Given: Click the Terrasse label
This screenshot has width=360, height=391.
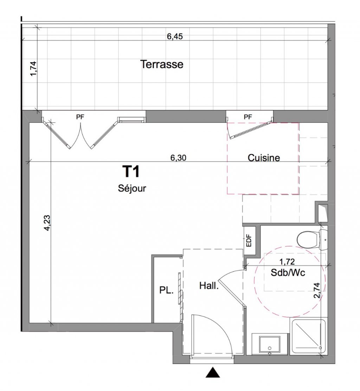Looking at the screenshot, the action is click(x=162, y=64).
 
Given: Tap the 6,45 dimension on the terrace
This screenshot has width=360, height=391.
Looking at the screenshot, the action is click(x=175, y=36).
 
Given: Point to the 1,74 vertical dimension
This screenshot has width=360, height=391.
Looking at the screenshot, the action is click(x=33, y=69).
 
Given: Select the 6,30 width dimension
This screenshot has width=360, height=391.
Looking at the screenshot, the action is click(x=178, y=158).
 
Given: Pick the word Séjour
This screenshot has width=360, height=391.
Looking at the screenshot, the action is click(x=132, y=188).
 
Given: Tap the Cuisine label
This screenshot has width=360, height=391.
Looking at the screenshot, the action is click(x=264, y=158).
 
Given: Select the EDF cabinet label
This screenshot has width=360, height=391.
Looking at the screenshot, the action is click(x=249, y=240).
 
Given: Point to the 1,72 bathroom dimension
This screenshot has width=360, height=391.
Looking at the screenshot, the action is click(x=287, y=262).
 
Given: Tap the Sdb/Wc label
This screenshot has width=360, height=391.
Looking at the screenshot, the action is click(x=288, y=272).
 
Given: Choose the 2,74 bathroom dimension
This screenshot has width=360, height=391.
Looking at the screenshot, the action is click(x=317, y=290).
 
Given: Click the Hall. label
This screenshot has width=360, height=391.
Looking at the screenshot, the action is click(x=209, y=286).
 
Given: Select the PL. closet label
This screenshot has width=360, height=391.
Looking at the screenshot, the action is click(x=166, y=290).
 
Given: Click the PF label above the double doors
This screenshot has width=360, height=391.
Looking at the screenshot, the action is click(x=80, y=117).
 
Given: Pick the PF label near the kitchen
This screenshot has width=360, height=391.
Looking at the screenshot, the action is click(x=248, y=117).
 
